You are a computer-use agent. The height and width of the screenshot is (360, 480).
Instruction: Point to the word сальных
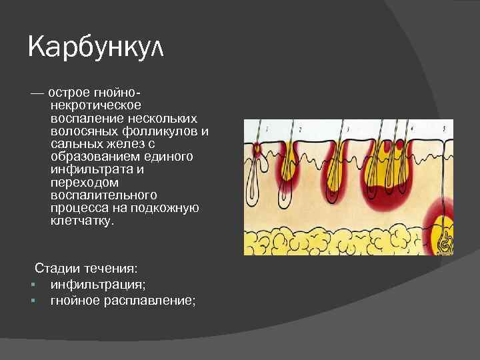pos(72,144)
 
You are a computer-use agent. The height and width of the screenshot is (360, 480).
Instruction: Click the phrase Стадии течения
pos(87,268)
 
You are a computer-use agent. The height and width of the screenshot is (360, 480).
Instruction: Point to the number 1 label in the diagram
pos(267,127)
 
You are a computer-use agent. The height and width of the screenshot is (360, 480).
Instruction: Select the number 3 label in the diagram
pos(347,127)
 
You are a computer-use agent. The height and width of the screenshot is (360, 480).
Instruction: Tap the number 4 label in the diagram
pos(413,127)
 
